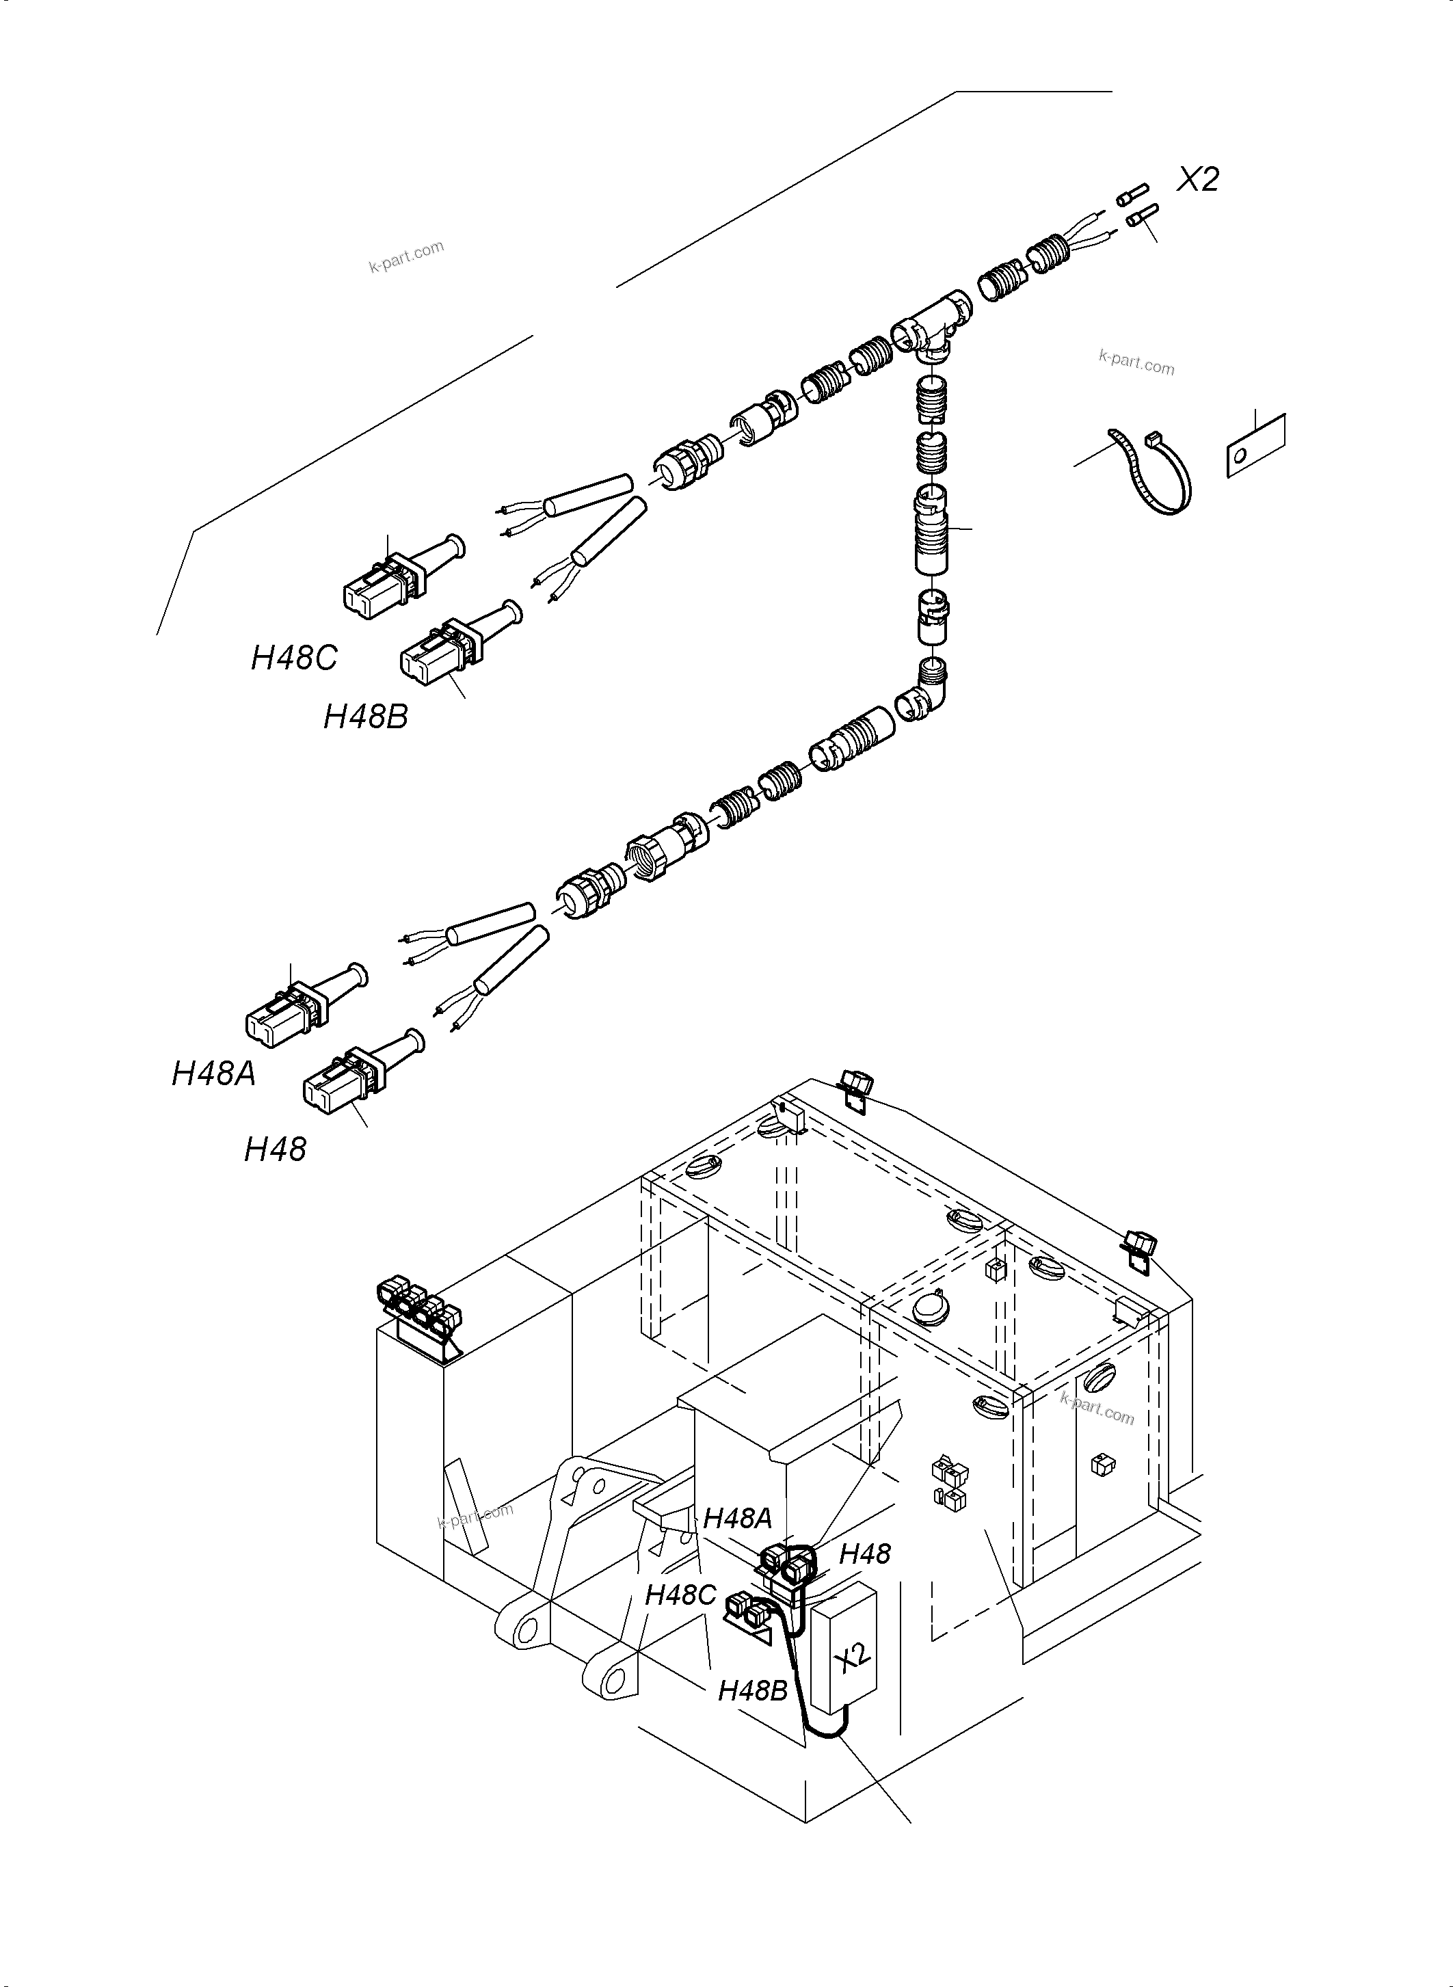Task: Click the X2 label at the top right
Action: point(1199,179)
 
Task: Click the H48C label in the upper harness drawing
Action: point(294,658)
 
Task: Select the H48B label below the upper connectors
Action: point(365,717)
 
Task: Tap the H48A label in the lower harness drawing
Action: point(214,1073)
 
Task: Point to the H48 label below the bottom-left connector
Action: point(276,1149)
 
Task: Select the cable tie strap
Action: point(1151,470)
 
